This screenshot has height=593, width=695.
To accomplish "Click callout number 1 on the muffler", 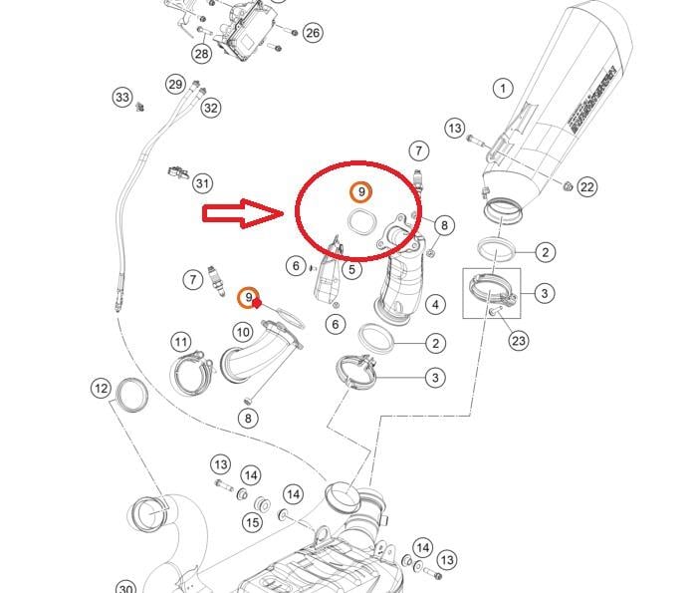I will coord(503,90).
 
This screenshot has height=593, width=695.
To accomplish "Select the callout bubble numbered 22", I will coord(586,187).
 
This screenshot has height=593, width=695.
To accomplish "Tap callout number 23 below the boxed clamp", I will coord(519,341).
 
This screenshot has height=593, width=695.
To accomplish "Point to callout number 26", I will coord(313,33).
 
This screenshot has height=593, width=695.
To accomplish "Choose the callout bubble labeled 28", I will coord(202,54).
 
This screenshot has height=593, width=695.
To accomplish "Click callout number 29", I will coord(175,84).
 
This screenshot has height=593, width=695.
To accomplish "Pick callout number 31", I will coord(202,183).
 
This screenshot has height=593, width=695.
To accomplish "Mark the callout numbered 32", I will coord(210,108).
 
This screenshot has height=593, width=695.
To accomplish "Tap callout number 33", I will coord(121,98).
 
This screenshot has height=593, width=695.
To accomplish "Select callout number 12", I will coord(101,388).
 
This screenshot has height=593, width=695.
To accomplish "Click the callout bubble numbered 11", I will coord(180,343).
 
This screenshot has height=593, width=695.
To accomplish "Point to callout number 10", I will coord(243,332).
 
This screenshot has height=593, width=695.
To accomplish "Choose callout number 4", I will coord(435,304).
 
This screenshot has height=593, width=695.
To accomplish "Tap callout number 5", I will coord(352,269).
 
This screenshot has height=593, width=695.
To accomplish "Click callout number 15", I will coord(253,522).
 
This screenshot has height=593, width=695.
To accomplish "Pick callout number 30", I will coord(125,588).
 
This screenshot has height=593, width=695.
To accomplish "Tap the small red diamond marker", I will coord(256,305).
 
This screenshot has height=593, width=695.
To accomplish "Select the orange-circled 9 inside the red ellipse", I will coord(361,190).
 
